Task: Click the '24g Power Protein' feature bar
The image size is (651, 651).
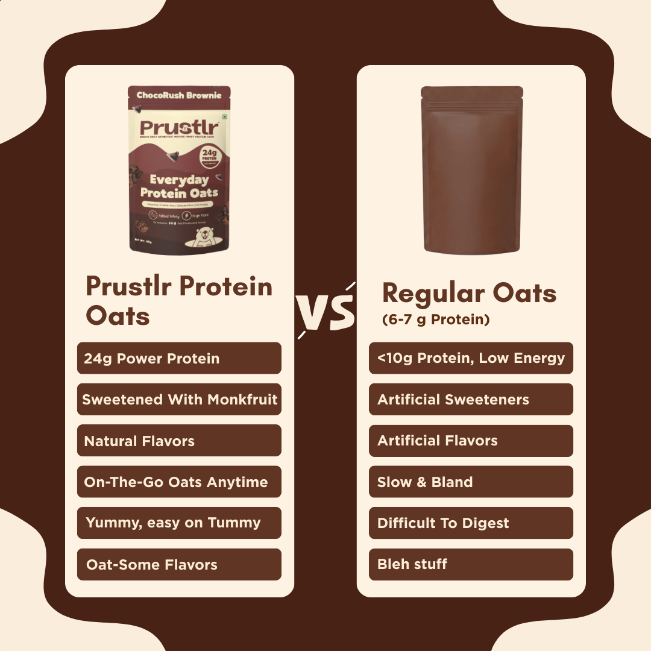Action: (179, 358)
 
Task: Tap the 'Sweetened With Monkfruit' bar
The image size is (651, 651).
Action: (179, 400)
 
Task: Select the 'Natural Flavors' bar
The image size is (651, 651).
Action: (179, 441)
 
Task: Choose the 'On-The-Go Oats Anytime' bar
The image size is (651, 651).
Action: (179, 482)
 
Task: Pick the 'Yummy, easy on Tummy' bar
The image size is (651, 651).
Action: (179, 523)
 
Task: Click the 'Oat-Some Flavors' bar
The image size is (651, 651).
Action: (179, 564)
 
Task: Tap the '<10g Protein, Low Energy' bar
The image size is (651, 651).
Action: (471, 358)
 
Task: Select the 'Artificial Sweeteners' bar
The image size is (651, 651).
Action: (471, 400)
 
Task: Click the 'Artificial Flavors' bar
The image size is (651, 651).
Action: (471, 441)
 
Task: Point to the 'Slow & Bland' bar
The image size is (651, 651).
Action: (471, 482)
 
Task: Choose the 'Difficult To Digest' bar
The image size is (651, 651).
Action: (471, 523)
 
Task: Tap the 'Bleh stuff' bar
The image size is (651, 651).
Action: (471, 564)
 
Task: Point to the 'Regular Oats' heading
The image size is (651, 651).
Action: (469, 294)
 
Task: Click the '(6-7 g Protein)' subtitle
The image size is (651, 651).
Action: (436, 320)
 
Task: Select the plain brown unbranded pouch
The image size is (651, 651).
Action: (471, 170)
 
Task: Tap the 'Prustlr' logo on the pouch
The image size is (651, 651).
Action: (179, 128)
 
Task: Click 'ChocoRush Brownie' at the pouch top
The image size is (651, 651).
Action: (179, 95)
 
